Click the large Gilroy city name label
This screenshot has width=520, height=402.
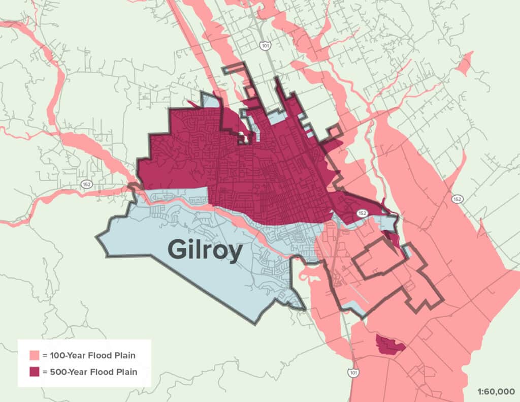coord(204,251)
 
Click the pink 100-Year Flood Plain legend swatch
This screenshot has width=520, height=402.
coord(35,355)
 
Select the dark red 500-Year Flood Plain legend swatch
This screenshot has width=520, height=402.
coord(35,372)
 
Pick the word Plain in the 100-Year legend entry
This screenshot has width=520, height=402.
coord(124,355)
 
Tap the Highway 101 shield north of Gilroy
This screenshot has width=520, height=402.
coord(265,46)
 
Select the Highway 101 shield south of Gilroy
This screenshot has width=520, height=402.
coord(352,373)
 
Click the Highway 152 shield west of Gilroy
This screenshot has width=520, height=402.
coord(87,184)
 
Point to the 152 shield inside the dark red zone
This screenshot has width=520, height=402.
coord(361,213)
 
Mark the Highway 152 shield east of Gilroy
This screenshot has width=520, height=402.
coord(458,199)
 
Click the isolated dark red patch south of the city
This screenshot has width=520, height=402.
coord(389,344)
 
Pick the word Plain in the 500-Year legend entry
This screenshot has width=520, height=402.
coord(125,372)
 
